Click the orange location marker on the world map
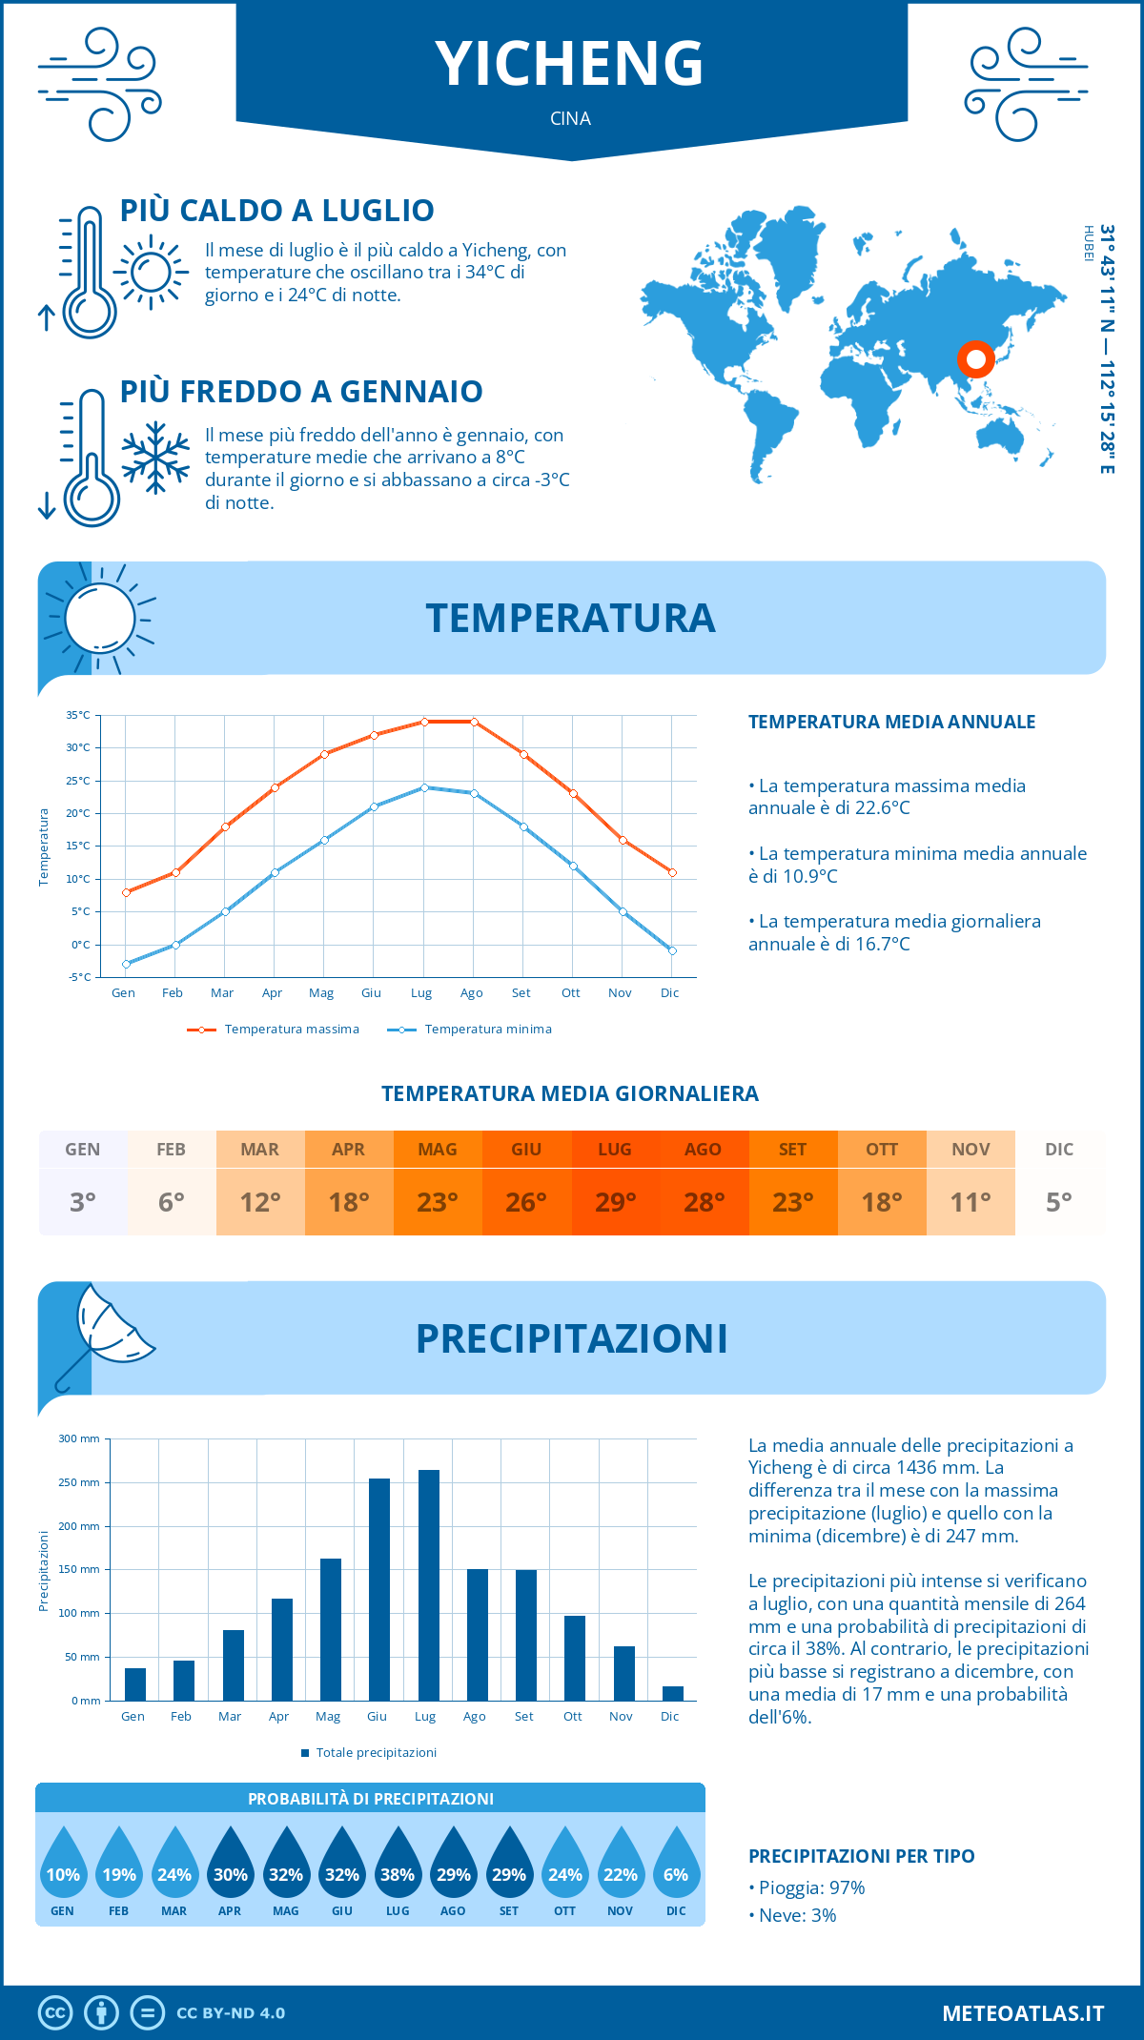pyautogui.click(x=975, y=359)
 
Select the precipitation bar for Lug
pyautogui.click(x=429, y=1584)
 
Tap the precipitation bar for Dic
pyautogui.click(x=673, y=1693)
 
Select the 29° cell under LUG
pyautogui.click(x=615, y=1202)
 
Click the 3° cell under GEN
pyautogui.click(x=83, y=1202)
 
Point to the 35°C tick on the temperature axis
pyautogui.click(x=78, y=715)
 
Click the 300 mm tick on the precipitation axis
pyautogui.click(x=79, y=1438)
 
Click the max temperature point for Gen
pyautogui.click(x=126, y=892)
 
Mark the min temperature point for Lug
pyautogui.click(x=424, y=787)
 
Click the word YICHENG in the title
pyautogui.click(x=570, y=63)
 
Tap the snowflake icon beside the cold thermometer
pyautogui.click(x=155, y=458)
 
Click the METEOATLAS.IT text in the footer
pyautogui.click(x=1023, y=2012)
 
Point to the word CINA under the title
pyautogui.click(x=570, y=118)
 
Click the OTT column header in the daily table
pyautogui.click(x=882, y=1149)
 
